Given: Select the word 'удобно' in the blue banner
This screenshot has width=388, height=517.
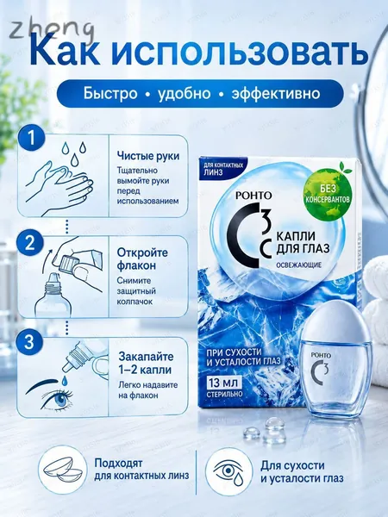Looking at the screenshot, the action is tap(184, 93).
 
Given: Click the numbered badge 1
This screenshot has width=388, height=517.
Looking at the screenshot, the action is tap(31, 138).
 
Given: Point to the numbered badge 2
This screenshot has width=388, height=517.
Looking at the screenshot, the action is tap(29, 242).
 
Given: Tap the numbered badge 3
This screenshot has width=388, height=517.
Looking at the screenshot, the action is tap(29, 343).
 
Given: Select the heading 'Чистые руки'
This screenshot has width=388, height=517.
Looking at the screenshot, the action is tap(148, 156).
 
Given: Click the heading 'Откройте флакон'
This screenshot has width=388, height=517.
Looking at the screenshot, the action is tap(142, 258).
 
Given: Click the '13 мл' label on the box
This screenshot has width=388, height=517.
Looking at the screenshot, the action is tap(224, 383).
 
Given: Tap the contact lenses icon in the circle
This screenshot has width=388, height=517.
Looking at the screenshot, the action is tap(63, 470).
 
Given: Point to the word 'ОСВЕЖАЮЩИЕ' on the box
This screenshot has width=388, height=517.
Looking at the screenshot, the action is tap(298, 265).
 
